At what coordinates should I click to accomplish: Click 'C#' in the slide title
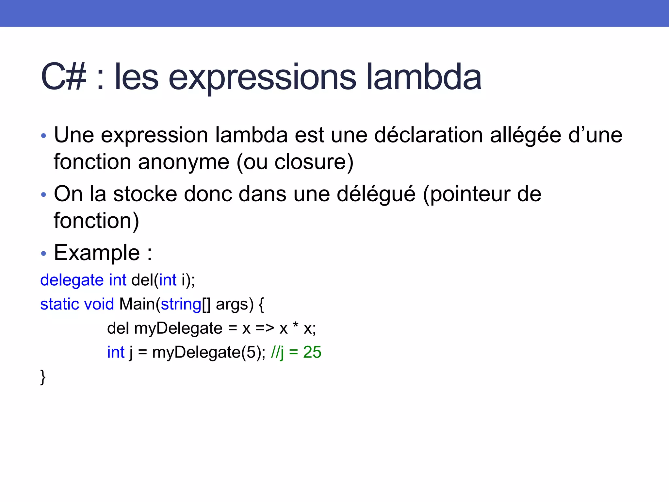coord(64,77)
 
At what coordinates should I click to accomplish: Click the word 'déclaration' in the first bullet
coord(428,135)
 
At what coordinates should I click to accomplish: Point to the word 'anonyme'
coord(184,162)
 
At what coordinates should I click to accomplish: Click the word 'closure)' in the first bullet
coord(314,162)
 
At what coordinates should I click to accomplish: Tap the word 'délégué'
coord(376,194)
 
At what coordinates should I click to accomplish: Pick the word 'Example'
coord(97,253)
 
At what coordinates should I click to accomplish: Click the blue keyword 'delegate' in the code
coord(72,280)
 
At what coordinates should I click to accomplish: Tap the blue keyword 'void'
coord(99,304)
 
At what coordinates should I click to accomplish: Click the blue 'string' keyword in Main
coord(181,304)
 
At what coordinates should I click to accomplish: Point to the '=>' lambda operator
coord(265,328)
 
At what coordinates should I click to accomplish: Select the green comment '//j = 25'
coord(296,352)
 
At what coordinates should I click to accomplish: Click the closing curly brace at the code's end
coord(43,377)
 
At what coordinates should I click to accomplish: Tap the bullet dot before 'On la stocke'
coord(44,195)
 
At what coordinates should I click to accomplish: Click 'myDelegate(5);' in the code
coord(209,352)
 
